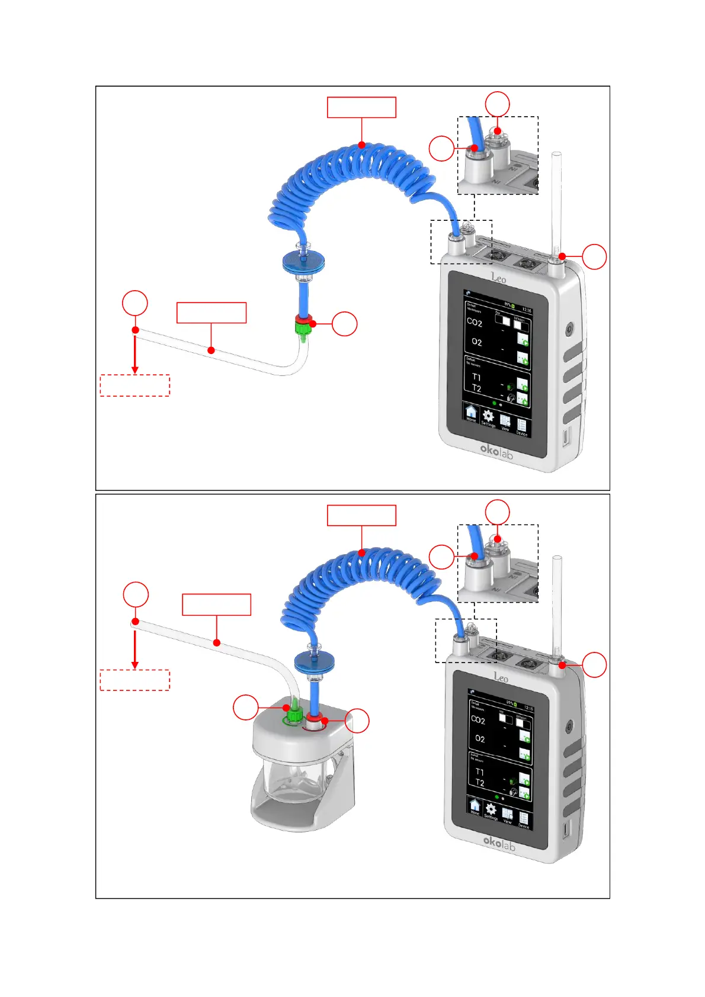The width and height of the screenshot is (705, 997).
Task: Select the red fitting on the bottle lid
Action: click(x=313, y=719)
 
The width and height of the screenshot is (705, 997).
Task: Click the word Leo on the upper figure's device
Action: click(x=498, y=278)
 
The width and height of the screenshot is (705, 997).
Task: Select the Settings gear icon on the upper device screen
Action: click(x=488, y=417)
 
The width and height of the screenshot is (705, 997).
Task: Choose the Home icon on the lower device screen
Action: click(x=475, y=806)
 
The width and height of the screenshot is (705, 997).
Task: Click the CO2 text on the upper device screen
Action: click(x=475, y=323)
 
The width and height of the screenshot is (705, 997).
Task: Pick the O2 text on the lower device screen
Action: click(x=480, y=739)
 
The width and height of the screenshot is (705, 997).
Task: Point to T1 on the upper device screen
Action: click(x=476, y=377)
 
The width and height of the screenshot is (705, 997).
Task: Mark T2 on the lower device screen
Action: click(x=480, y=783)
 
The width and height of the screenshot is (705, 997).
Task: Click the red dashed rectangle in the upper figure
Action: click(x=135, y=385)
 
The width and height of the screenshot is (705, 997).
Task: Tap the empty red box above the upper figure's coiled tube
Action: click(x=361, y=107)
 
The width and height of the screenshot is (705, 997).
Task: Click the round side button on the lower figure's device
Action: click(x=569, y=727)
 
